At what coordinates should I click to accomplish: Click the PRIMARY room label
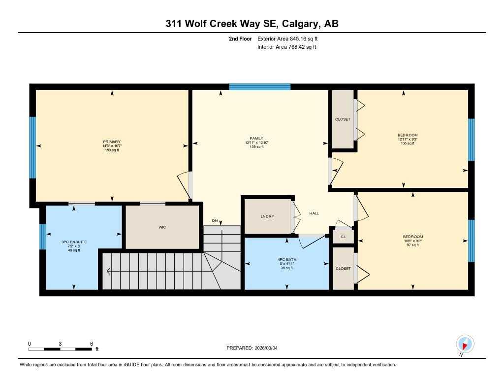click(x=112, y=142)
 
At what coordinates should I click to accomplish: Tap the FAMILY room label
click(x=256, y=139)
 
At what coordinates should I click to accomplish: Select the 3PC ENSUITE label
click(x=74, y=242)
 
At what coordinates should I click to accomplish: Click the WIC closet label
click(x=161, y=228)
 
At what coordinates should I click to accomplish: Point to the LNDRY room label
click(x=267, y=216)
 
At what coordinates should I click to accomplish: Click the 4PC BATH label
click(x=286, y=259)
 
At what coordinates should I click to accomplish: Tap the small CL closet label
click(x=343, y=237)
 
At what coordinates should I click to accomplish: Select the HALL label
click(x=314, y=213)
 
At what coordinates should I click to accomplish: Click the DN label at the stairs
click(x=215, y=220)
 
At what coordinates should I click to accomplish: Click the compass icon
click(x=465, y=343)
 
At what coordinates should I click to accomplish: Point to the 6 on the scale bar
click(x=92, y=343)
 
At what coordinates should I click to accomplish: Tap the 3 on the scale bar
click(x=61, y=343)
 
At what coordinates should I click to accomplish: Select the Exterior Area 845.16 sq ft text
click(x=291, y=38)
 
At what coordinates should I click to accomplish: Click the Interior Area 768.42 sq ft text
click(x=286, y=47)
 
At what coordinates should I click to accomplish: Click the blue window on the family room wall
click(x=260, y=87)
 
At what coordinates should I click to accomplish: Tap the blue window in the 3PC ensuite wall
click(x=42, y=237)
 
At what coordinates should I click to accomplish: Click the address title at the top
click(x=252, y=24)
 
